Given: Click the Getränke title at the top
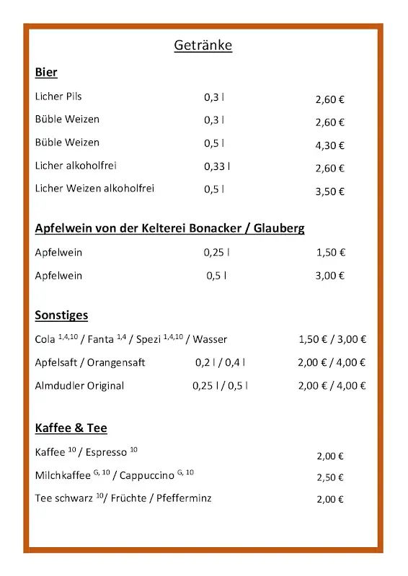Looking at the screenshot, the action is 203,46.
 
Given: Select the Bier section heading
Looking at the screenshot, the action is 46,73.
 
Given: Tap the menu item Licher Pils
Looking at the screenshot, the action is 58,96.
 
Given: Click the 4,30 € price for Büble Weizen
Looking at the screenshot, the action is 329,145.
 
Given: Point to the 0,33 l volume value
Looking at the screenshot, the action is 217,166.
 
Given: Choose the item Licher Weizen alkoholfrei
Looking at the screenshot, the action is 94,189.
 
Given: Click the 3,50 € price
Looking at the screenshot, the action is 329,192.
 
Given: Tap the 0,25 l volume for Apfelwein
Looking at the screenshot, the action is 216,253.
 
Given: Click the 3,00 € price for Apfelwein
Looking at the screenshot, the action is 330,276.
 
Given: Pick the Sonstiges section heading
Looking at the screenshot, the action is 61,315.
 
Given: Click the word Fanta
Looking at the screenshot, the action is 101,339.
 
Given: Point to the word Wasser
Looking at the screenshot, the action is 210,339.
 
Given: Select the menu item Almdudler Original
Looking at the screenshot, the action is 79,386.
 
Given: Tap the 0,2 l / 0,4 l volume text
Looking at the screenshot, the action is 220,363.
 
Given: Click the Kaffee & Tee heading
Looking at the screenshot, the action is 71,428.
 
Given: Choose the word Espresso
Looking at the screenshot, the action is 106,453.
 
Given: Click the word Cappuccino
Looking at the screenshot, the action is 146,476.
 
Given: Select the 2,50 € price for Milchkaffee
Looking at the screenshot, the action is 330,477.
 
